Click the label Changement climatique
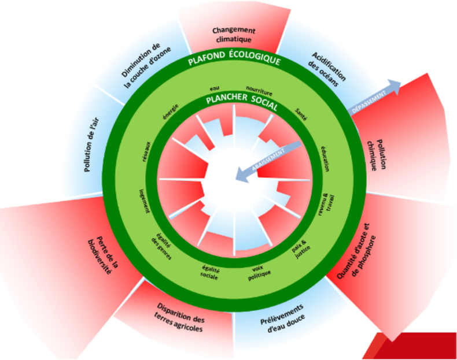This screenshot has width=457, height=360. coord(234,35)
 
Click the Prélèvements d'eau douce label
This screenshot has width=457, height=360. coord(281,319)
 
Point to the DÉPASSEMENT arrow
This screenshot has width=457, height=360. coord(375,95)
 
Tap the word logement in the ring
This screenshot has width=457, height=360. coord(144,199)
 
